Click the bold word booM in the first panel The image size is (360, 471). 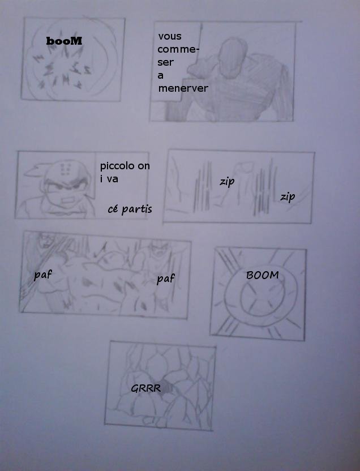64,41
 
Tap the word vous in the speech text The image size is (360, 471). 170,36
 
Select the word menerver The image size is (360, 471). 183,88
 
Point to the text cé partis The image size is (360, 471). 130,209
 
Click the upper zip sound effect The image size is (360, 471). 227,182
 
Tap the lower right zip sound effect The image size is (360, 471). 288,197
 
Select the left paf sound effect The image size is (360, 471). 42,275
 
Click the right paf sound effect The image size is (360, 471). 165,279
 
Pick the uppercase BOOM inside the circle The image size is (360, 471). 263,275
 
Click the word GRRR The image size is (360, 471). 145,388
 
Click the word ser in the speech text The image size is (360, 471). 166,62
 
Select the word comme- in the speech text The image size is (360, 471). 178,49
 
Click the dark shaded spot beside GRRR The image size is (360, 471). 167,389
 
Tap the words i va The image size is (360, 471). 109,179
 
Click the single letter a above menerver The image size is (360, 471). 161,76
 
